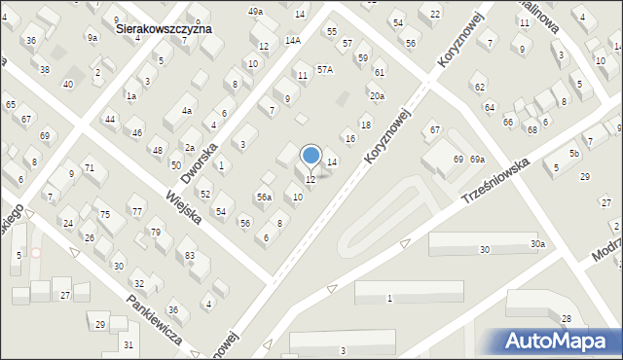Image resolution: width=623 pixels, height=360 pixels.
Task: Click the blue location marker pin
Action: tap(311, 156)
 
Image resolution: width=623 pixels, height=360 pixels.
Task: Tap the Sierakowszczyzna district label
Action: tap(164, 30)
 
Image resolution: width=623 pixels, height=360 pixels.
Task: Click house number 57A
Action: tap(324, 70)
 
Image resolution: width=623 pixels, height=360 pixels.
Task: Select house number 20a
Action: tap(377, 95)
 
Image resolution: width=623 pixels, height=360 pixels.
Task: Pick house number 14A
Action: tap(293, 41)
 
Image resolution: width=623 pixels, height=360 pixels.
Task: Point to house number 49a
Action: tap(255, 11)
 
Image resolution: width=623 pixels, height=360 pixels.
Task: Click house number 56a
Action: tap(264, 198)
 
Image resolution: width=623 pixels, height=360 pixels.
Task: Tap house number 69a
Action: tap(477, 159)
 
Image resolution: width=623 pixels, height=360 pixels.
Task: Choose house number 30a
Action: tap(537, 244)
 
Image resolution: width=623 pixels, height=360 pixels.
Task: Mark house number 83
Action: tap(190, 256)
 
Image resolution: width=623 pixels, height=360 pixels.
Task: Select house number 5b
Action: tap(574, 154)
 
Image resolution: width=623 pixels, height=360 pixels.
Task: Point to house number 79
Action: tap(156, 232)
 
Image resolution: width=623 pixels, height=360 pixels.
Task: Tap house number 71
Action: tap(89, 168)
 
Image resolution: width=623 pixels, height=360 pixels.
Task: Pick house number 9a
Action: tap(92, 38)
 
